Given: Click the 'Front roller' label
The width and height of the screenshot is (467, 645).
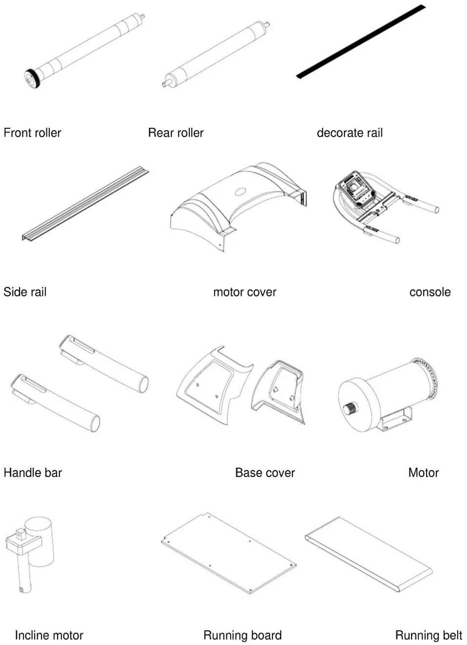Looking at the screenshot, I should click(32, 133).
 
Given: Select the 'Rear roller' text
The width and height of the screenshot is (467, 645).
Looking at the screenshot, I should click(176, 133).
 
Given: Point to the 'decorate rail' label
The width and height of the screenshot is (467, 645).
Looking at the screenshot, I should click(350, 133).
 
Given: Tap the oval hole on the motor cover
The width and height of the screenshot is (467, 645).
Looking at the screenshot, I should click(241, 191).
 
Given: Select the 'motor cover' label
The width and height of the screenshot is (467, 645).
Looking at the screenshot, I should click(245, 292).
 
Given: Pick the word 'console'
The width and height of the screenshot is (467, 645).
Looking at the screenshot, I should click(430, 292).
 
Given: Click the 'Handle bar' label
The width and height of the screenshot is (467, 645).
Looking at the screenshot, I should click(33, 472).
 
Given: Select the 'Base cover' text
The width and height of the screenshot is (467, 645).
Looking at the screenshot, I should click(265, 472).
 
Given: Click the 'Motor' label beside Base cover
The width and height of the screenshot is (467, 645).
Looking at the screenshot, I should click(423, 472).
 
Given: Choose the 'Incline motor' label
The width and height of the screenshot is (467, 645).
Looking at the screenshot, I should click(49, 635).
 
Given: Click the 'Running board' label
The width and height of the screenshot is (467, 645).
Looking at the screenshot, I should click(242, 635).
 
